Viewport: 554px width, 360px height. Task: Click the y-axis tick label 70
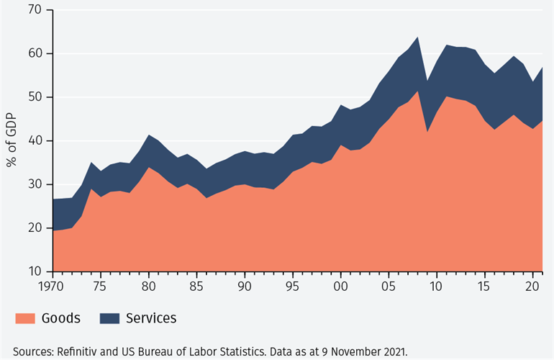tap(35, 10)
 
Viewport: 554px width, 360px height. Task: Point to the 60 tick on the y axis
tap(35, 54)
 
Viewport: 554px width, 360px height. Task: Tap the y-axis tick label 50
tap(35, 97)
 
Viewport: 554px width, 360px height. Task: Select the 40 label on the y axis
tap(35, 141)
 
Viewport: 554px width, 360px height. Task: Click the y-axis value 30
tap(35, 184)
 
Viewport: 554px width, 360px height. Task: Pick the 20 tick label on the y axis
tap(35, 228)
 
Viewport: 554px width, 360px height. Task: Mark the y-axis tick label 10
tap(35, 271)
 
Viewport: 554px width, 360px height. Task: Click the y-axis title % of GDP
tap(12, 141)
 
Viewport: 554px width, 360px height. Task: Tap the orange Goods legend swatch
tap(25, 318)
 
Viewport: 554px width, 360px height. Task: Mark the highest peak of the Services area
tap(417, 37)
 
